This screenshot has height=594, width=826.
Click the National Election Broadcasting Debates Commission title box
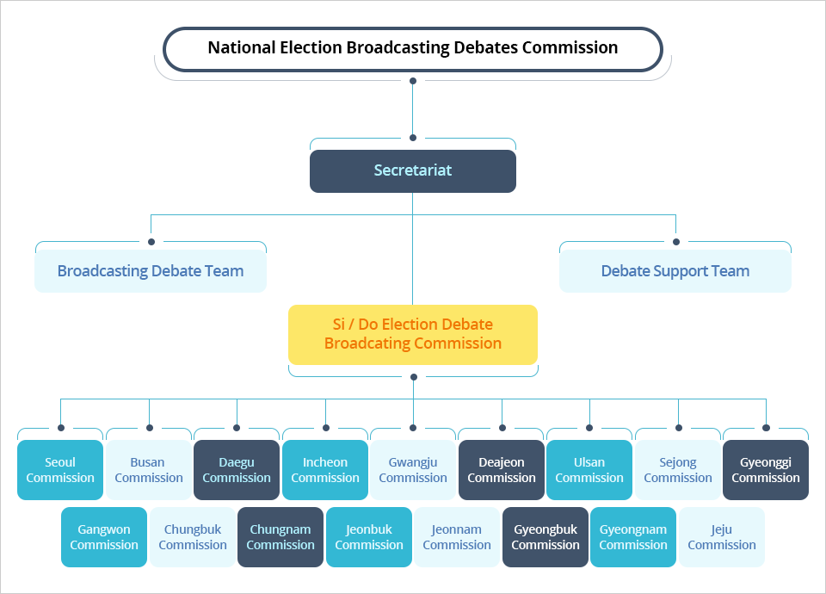pyautogui.click(x=413, y=48)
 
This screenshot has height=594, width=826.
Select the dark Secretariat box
pyautogui.click(x=413, y=170)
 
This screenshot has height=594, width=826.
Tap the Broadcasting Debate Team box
pyautogui.click(x=151, y=271)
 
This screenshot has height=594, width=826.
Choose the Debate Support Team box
pyautogui.click(x=675, y=271)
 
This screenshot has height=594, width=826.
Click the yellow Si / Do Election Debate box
pyautogui.click(x=413, y=334)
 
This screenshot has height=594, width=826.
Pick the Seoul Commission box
pyautogui.click(x=60, y=470)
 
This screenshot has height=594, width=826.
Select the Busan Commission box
pyautogui.click(x=149, y=470)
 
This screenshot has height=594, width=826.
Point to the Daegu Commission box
pyautogui.click(x=237, y=470)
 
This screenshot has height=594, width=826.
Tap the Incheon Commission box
pyautogui.click(x=325, y=470)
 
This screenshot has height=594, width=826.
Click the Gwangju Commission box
pyautogui.click(x=413, y=470)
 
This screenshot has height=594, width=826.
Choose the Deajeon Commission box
pyautogui.click(x=502, y=470)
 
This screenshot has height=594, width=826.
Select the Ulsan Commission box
pyautogui.click(x=589, y=470)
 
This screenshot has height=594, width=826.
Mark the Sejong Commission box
pyautogui.click(x=678, y=470)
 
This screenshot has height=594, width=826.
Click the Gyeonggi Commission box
pyautogui.click(x=766, y=470)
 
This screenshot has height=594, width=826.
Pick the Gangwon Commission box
pyautogui.click(x=104, y=537)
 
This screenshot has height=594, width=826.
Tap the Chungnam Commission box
pyautogui.click(x=280, y=537)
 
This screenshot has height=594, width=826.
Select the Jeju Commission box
pyautogui.click(x=722, y=537)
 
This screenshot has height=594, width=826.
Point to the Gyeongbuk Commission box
pyautogui.click(x=546, y=537)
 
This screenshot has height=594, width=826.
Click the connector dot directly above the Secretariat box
pyautogui.click(x=413, y=138)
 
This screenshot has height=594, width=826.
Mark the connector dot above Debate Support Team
pyautogui.click(x=675, y=242)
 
